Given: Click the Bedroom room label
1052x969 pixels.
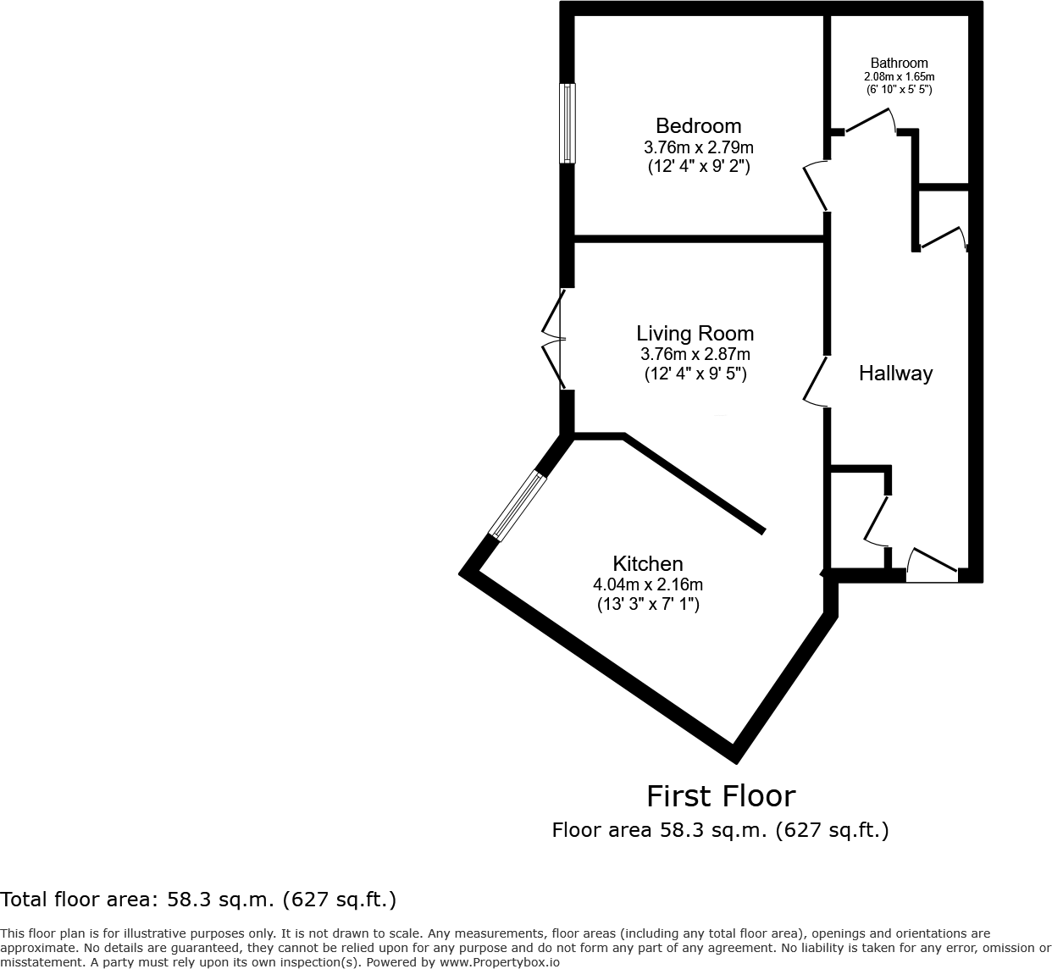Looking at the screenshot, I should pos(698,126).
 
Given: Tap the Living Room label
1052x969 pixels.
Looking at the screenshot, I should pos(695,334).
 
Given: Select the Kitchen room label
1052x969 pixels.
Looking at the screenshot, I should pos(647,564).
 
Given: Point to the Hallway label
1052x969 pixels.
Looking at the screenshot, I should pos(895,374).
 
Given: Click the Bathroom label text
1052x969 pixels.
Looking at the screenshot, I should pos(899,64).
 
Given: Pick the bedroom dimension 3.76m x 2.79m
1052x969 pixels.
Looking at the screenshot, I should pos(698,147).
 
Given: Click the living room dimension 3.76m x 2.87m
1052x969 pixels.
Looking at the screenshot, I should pos(695,354).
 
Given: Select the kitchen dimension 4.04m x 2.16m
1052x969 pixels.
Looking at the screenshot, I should pos(647,584).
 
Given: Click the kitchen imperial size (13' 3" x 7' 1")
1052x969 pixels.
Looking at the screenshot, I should pos(647,604).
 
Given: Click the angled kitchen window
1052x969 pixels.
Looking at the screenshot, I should pos(518,506).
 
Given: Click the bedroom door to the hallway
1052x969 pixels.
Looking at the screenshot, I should pos(816,185).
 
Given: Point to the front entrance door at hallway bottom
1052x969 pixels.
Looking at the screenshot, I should pos(933,566).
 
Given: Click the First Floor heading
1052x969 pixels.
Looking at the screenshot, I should pos(721,796).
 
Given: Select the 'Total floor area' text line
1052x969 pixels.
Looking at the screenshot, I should pos(198,900).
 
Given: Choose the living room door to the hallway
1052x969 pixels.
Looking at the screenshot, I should pos(816,382).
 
